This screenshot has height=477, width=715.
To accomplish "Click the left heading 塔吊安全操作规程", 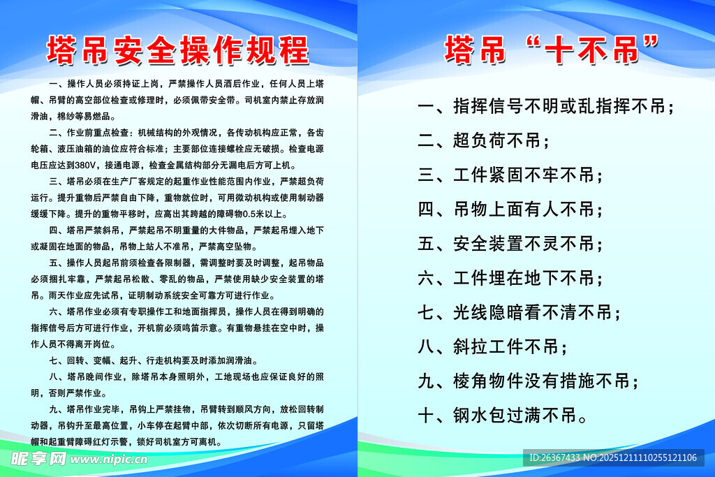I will click(177, 50).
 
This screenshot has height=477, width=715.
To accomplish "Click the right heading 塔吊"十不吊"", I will click(552, 50).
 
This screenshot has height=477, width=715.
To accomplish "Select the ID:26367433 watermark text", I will click(554, 458).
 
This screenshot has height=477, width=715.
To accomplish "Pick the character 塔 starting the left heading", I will click(61, 50).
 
